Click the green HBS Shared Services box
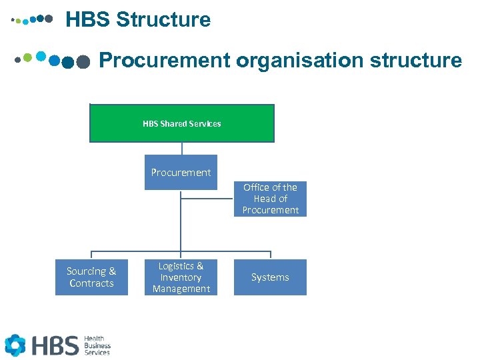pos(181,123)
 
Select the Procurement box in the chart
pos(181,172)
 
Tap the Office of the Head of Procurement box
pos(270,199)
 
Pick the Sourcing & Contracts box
pos(91,277)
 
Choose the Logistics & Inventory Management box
pos(181,277)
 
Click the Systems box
pos(270,277)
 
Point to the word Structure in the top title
pos(163,20)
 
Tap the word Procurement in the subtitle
pos(164,61)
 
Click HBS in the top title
pos(88,20)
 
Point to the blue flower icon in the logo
pos(15,345)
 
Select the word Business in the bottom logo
pos(97,345)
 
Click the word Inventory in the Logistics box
pos(181,277)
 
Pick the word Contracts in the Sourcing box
pos(91,283)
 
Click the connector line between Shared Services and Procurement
pos(181,149)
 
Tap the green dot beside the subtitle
pos(27,57)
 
